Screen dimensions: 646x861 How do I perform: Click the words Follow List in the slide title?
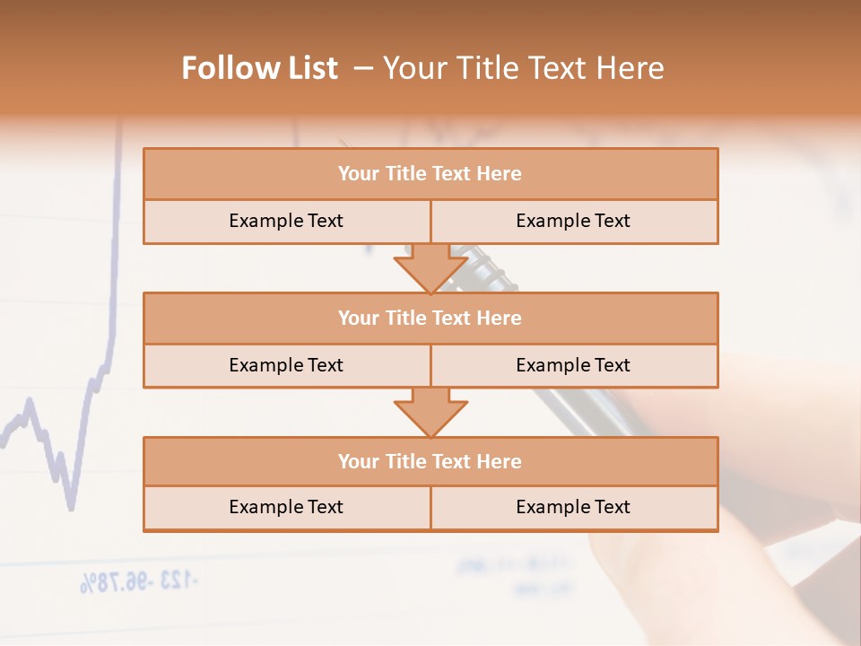[x=259, y=68]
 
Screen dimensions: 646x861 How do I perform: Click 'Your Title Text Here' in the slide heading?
[x=523, y=68]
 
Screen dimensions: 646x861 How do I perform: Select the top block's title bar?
[x=430, y=174]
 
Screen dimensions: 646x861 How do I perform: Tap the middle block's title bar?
[x=430, y=318]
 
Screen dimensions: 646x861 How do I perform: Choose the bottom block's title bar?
[x=430, y=461]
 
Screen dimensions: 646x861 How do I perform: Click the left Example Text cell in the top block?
[x=286, y=221]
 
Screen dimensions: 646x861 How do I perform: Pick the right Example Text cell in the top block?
[x=573, y=221]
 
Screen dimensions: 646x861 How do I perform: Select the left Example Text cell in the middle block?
[x=286, y=365]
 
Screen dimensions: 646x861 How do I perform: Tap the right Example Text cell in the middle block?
[x=573, y=365]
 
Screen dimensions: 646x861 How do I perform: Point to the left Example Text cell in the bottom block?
[x=286, y=507]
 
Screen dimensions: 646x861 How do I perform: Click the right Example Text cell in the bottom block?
[x=573, y=507]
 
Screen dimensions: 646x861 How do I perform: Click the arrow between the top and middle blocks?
[x=430, y=268]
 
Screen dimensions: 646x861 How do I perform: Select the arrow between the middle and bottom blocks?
[x=430, y=412]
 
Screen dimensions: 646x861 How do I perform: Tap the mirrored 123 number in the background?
[x=178, y=581]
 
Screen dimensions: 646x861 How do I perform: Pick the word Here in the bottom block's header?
[x=500, y=461]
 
